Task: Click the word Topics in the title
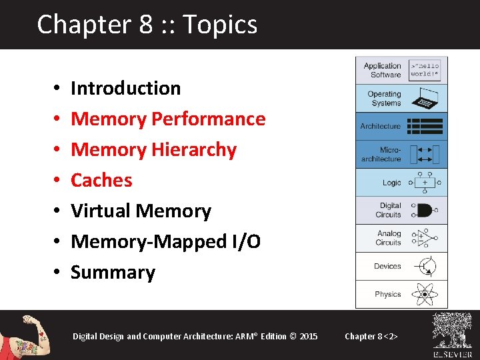[219, 25]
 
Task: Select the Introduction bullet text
[125, 88]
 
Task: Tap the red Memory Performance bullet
[168, 119]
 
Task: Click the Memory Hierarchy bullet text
[153, 149]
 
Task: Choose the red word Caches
[101, 180]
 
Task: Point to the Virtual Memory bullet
[141, 211]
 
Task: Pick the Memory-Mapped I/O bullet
[165, 241]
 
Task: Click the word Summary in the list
[113, 272]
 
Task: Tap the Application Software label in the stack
[382, 70]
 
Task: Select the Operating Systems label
[384, 98]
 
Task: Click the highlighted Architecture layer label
[381, 126]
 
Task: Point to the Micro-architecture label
[381, 154]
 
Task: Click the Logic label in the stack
[392, 183]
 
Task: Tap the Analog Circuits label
[388, 238]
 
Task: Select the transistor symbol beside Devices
[425, 266]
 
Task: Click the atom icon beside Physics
[425, 294]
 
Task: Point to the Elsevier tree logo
[453, 331]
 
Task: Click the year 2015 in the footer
[309, 336]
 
